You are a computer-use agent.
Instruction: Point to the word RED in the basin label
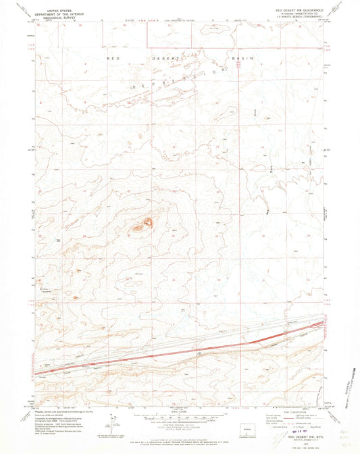point(113,59)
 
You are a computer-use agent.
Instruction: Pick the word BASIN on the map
point(242,59)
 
